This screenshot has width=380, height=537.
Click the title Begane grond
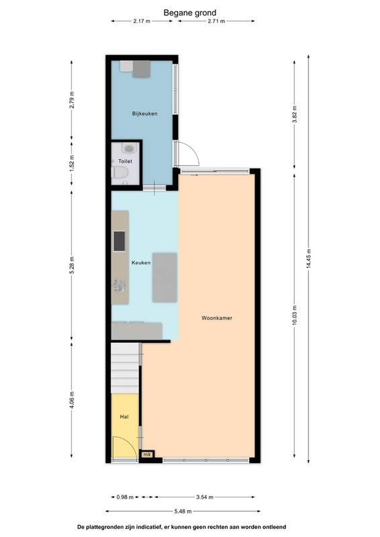coord(190,13)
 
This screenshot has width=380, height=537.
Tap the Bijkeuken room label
coord(144,113)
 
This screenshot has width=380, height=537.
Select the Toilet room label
coord(125,161)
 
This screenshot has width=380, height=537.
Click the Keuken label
coord(141,262)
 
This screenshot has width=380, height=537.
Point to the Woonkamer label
coord(217,318)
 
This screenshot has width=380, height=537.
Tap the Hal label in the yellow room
coord(124,417)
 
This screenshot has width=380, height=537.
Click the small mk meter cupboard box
coord(147,454)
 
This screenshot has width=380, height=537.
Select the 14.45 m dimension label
coord(308,258)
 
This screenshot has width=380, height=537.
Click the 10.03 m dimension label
coord(294,315)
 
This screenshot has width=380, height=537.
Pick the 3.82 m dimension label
coord(294,115)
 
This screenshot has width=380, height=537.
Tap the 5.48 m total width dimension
coord(183,511)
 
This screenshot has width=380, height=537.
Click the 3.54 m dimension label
coord(205,497)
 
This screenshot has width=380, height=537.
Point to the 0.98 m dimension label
coord(125,497)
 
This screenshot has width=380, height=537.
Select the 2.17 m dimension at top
coord(142,21)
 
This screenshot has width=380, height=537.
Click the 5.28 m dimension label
coord(71,265)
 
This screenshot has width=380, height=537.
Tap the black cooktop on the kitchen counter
coord(120,241)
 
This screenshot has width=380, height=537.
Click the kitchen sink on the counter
coord(120,285)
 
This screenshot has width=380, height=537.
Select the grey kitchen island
coord(164,278)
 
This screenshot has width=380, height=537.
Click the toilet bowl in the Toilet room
coord(120,173)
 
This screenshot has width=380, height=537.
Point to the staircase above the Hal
coord(125,368)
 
